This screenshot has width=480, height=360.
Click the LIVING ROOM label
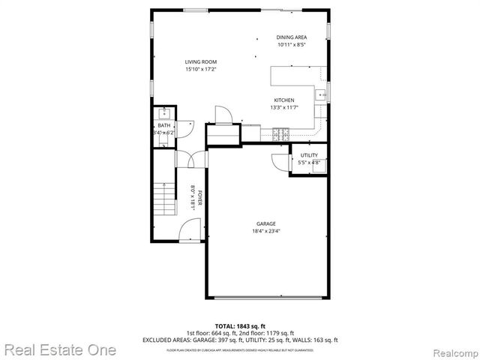(200, 61)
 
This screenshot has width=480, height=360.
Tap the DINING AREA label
(291, 37)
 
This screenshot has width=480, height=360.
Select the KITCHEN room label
(283, 100)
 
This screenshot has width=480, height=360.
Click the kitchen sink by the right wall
(320, 94)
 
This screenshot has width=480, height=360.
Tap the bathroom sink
(162, 114)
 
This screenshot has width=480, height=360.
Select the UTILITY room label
(309, 155)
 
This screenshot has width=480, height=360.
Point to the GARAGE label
(266, 223)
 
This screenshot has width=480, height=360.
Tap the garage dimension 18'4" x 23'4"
(266, 231)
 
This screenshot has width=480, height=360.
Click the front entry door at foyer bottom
(190, 231)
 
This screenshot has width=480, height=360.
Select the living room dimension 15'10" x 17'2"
(200, 69)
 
